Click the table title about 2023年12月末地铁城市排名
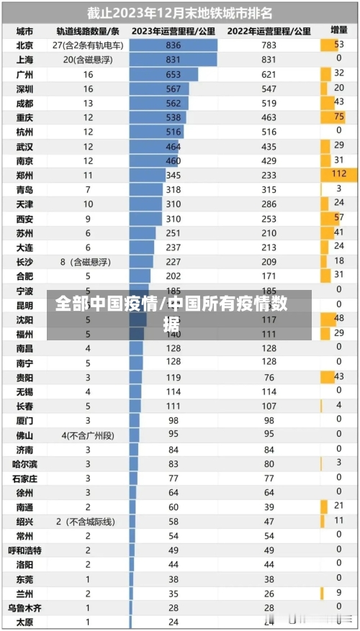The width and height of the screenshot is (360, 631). point(180,12)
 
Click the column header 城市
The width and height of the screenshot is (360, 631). point(24,31)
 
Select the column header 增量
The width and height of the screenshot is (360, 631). point(338,31)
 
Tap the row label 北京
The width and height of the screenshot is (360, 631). point(24,45)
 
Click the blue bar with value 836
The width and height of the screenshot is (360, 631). point(173,45)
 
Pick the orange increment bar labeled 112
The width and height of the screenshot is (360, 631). point(338,175)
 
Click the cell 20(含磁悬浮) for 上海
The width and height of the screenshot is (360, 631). point(88,60)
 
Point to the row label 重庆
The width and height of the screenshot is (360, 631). point(24,117)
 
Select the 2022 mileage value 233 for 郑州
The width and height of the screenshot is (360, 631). point(269,175)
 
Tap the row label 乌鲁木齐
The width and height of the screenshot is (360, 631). point(24,608)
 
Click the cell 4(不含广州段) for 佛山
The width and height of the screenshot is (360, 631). point(88,435)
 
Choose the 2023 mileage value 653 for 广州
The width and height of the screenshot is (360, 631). point(174,74)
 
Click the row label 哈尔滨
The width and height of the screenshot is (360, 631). point(24,464)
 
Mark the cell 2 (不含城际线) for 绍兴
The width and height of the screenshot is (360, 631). point(88,522)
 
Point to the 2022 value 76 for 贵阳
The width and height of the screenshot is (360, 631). point(269,377)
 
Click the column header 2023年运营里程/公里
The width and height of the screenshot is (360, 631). point(173,31)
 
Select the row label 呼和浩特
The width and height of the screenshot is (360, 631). point(24,550)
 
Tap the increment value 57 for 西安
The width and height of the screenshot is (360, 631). point(338,218)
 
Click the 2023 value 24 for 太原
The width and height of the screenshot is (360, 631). point(174,622)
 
